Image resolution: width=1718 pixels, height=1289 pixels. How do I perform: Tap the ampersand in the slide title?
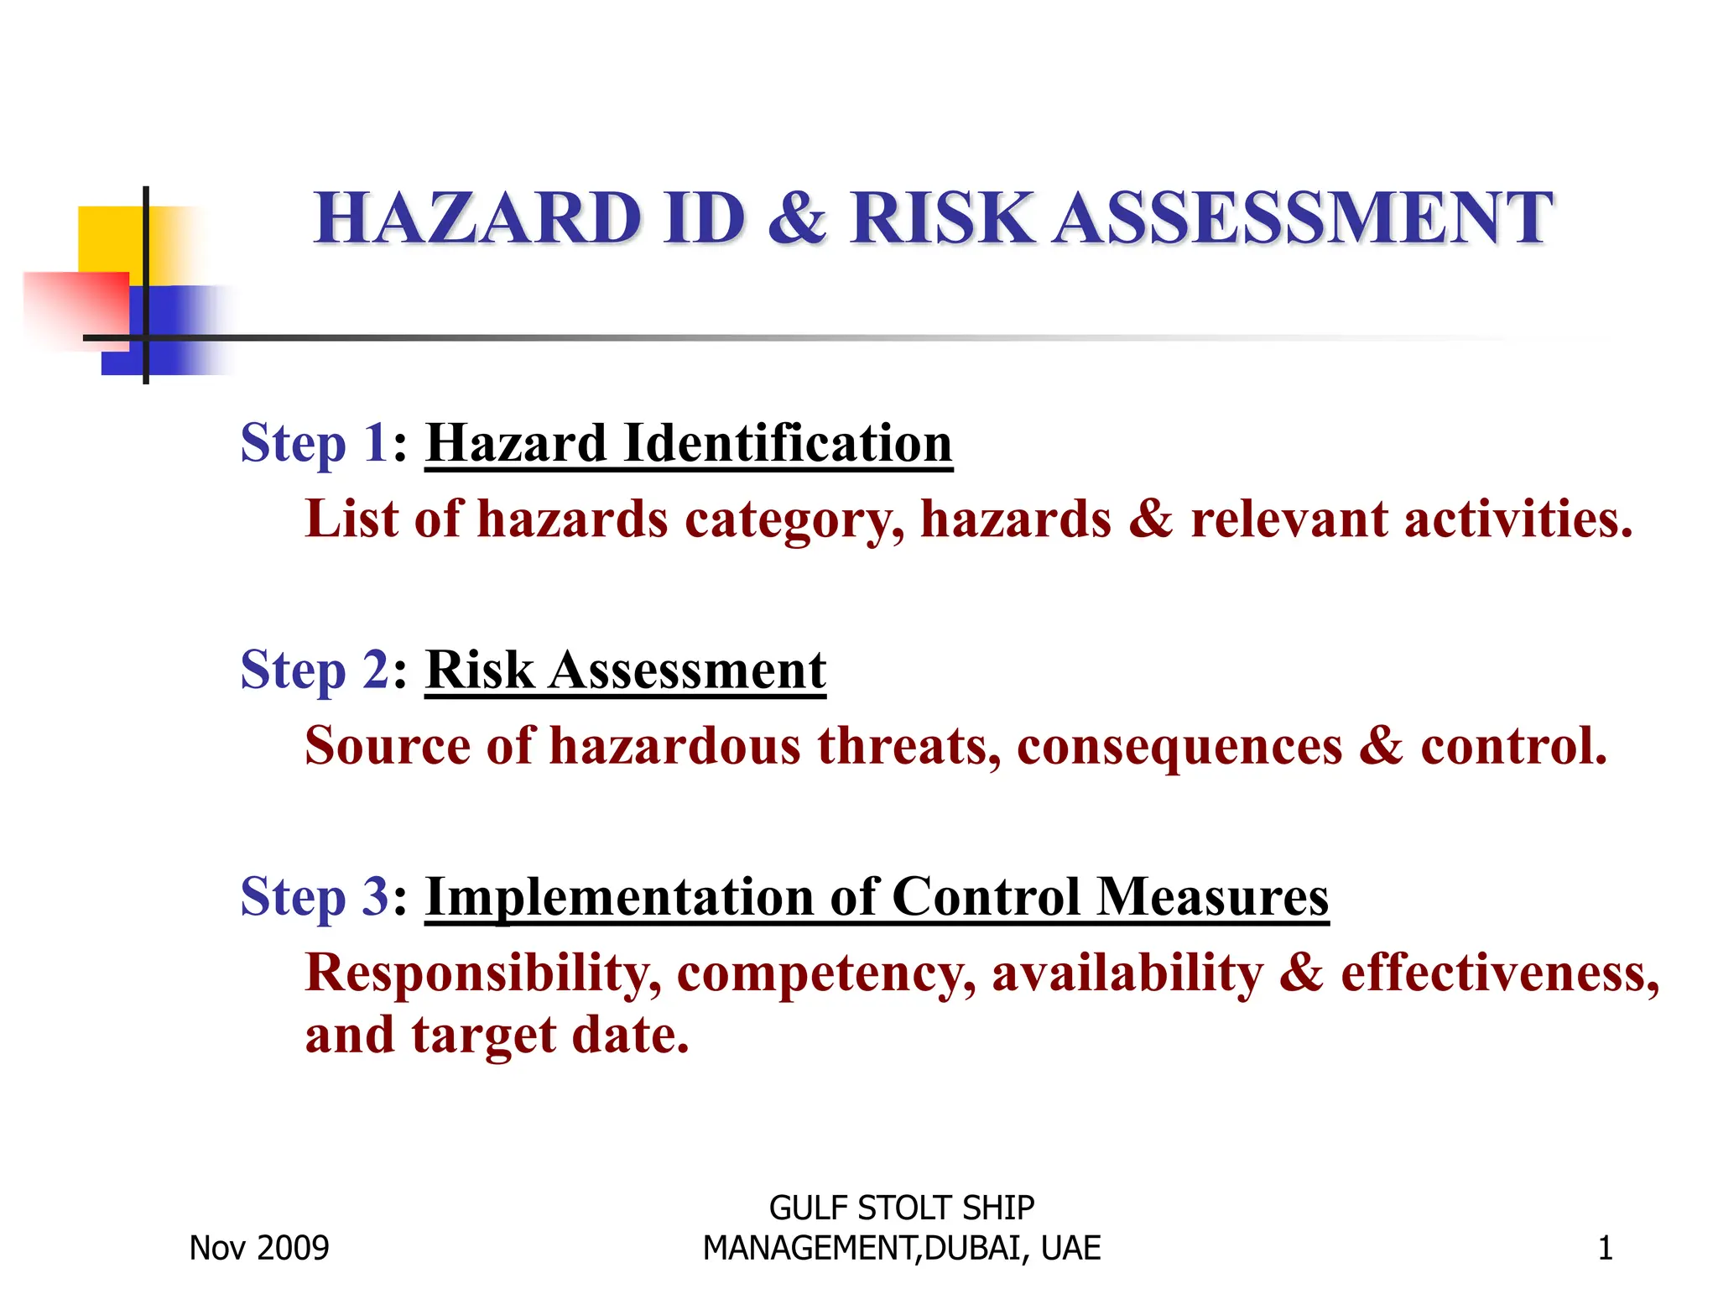(797, 218)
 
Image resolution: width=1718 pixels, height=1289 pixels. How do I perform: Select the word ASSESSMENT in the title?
(1302, 218)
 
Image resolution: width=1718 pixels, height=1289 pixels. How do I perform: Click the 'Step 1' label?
(314, 443)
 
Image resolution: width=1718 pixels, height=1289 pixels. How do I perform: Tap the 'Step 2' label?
(314, 671)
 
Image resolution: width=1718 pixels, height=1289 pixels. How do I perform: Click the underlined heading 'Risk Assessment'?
(626, 671)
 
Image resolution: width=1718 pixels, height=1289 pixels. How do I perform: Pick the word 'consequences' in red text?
(1179, 746)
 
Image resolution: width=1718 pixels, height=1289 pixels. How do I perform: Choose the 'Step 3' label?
(314, 897)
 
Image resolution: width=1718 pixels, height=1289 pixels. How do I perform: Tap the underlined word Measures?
(1212, 897)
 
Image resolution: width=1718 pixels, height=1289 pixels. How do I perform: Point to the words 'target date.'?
(550, 1035)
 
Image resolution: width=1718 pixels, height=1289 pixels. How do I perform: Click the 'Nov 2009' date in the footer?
(259, 1249)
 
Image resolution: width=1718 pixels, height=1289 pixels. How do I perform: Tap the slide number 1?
(1605, 1249)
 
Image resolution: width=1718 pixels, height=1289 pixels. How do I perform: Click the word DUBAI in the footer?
(973, 1249)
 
